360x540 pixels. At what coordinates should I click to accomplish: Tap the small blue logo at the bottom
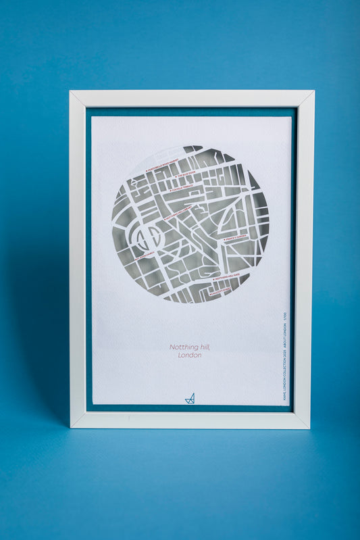[x=190, y=398]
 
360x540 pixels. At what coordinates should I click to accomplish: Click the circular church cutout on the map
[x=148, y=236]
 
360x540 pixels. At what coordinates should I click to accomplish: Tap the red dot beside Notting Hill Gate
[x=214, y=279]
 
